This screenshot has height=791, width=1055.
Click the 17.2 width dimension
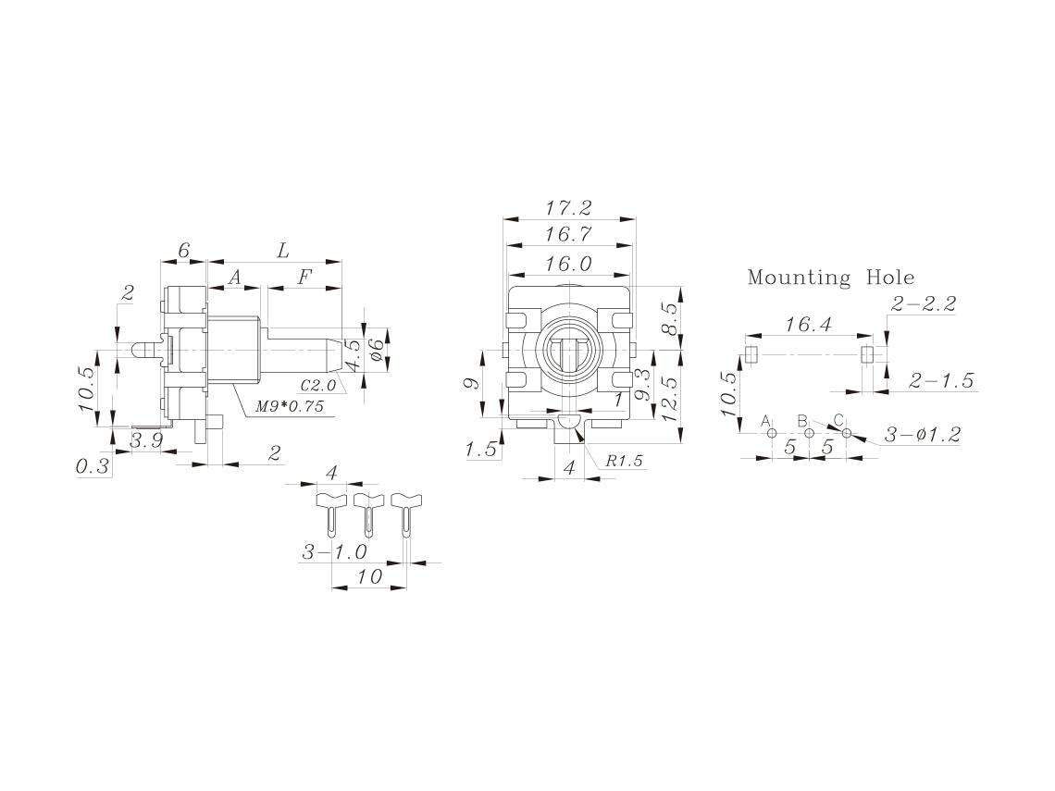tap(568, 208)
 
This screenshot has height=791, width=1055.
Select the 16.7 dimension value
tap(568, 235)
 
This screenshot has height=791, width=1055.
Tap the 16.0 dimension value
tap(568, 264)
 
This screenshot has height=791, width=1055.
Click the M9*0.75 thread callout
tap(290, 406)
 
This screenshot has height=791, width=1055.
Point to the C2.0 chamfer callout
tap(317, 386)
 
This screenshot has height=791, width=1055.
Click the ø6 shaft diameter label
tap(377, 350)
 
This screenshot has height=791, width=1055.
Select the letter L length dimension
tap(283, 251)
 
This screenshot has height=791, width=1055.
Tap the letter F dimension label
tap(305, 277)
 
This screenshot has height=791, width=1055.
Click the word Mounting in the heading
tap(800, 278)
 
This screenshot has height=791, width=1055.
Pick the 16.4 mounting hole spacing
tap(809, 325)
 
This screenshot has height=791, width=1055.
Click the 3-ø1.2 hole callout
tap(923, 435)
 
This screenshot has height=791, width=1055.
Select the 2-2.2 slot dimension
tap(924, 304)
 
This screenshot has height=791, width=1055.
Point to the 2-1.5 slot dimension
tap(941, 381)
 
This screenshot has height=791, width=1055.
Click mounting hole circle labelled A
tap(772, 433)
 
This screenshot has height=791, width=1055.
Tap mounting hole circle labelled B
tap(810, 433)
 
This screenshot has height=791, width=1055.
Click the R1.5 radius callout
tap(624, 461)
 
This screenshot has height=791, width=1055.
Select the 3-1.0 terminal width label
tap(334, 552)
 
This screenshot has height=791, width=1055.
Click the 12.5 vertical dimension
tap(669, 398)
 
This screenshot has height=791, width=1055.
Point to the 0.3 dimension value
tap(93, 466)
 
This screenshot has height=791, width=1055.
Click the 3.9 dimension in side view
tap(146, 441)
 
